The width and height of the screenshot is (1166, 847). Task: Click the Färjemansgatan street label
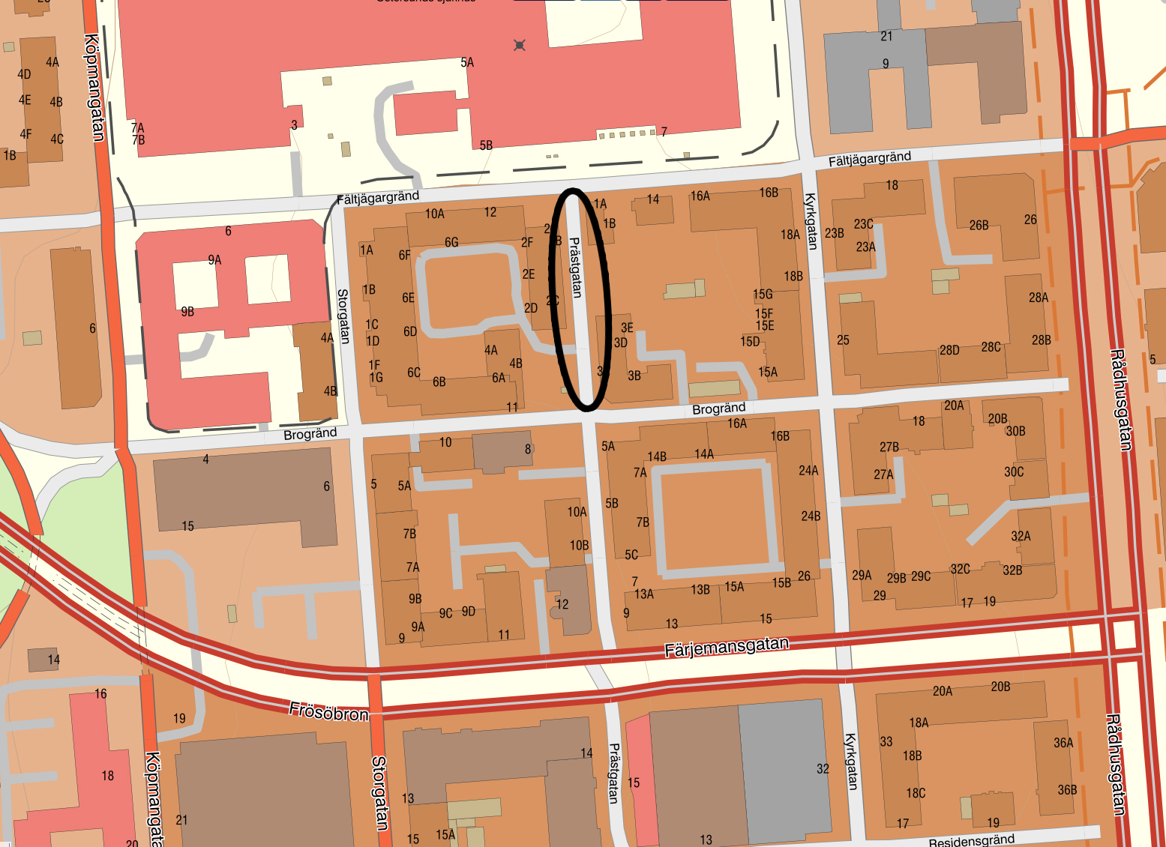pyautogui.click(x=726, y=647)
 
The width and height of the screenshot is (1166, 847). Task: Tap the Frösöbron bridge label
pyautogui.click(x=328, y=711)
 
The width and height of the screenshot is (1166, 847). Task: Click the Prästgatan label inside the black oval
pyautogui.click(x=576, y=268)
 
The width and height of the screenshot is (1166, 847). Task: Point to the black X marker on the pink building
pyautogui.click(x=519, y=46)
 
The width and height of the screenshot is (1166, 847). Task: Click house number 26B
pyautogui.click(x=979, y=225)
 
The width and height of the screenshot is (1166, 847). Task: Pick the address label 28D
pyautogui.click(x=949, y=350)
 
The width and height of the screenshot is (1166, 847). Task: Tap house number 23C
pyautogui.click(x=863, y=224)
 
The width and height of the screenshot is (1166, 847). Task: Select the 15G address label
pyautogui.click(x=763, y=295)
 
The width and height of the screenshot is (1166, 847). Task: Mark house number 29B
pyautogui.click(x=896, y=578)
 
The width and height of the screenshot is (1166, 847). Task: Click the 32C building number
pyautogui.click(x=960, y=569)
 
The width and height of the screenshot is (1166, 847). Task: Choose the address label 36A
pyautogui.click(x=1063, y=743)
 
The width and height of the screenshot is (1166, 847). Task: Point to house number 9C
pyautogui.click(x=445, y=613)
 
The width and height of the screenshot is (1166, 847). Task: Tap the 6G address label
pyautogui.click(x=451, y=242)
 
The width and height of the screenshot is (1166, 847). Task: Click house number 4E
pyautogui.click(x=25, y=100)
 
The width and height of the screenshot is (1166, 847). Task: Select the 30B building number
pyautogui.click(x=1015, y=431)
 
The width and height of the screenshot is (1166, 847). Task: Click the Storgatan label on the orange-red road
pyautogui.click(x=379, y=793)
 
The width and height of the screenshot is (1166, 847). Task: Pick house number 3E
pyautogui.click(x=627, y=328)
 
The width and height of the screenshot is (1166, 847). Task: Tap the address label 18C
pyautogui.click(x=916, y=793)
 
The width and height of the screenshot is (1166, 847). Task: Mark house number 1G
pyautogui.click(x=376, y=378)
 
